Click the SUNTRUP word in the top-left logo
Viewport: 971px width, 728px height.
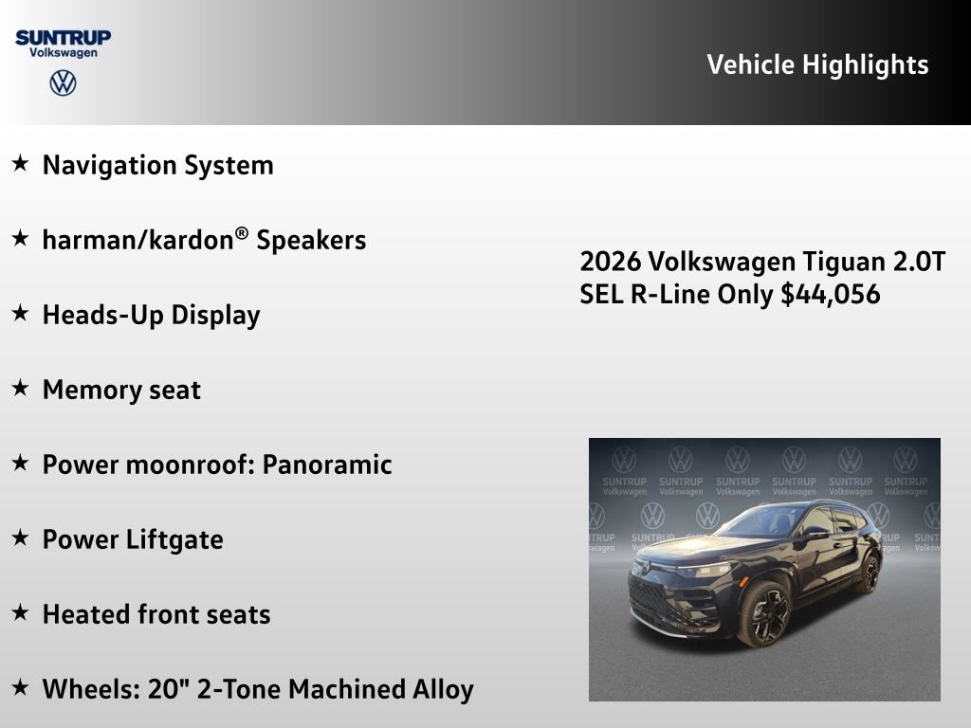click(63, 37)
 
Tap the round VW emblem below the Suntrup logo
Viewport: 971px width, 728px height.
click(63, 83)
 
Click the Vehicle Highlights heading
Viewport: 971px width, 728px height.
click(817, 64)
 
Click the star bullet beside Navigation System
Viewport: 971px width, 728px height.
click(20, 164)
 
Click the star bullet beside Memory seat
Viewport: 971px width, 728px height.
click(20, 388)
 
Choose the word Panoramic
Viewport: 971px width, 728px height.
click(327, 464)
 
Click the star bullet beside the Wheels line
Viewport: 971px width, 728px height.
click(20, 687)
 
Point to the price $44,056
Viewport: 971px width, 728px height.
click(831, 294)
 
